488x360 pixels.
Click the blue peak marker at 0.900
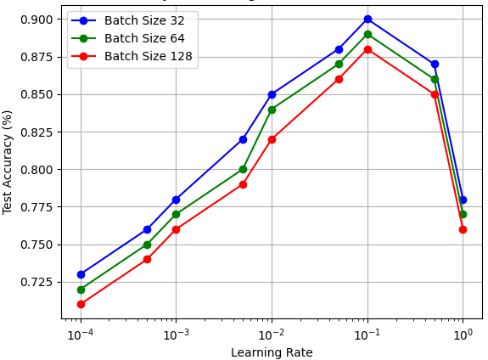point(367,19)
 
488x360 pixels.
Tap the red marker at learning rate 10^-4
point(81,304)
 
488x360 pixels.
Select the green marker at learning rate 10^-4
point(81,290)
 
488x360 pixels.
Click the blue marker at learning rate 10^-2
point(272,94)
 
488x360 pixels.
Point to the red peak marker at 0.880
point(367,49)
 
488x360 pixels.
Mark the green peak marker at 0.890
point(367,34)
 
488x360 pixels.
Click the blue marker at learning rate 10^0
point(463,200)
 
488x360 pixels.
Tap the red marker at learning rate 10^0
point(463,229)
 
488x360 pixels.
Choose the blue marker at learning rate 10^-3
point(176,200)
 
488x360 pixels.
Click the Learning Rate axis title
point(272,352)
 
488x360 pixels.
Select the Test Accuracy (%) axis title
point(8,161)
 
